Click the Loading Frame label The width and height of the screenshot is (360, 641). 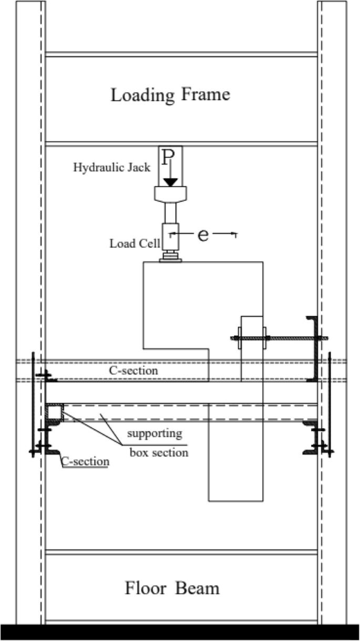tap(170, 95)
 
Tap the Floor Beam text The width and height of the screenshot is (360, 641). tap(172, 587)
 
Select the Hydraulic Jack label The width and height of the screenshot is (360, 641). tap(111, 168)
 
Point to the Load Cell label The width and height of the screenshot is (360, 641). tap(134, 243)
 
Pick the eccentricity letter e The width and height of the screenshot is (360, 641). tap(203, 235)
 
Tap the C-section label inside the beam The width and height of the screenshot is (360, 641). tap(133, 370)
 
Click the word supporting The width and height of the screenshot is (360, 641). tap(155, 434)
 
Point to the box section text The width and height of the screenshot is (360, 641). tap(159, 451)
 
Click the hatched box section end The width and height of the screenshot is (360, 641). tap(54, 412)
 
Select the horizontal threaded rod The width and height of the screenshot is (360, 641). tap(279, 338)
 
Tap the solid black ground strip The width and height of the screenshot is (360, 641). tap(180, 632)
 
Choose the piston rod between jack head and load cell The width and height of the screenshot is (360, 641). tap(170, 212)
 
